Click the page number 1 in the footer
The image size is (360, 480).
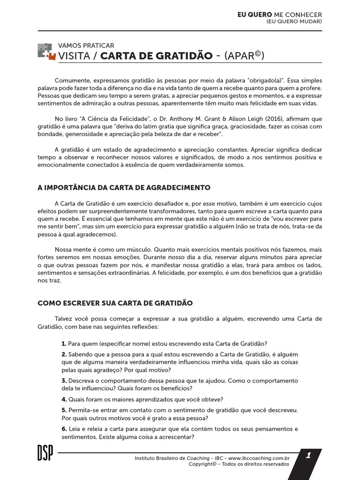pyautogui.click(x=308, y=455)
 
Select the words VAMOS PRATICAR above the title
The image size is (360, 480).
pyautogui.click(x=86, y=45)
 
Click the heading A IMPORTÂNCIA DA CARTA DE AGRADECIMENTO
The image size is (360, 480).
pyautogui.click(x=124, y=187)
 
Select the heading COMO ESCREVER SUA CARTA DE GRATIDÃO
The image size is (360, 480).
pyautogui.click(x=115, y=303)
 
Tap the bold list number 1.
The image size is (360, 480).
pyautogui.click(x=64, y=343)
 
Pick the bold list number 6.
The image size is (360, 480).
pyautogui.click(x=64, y=429)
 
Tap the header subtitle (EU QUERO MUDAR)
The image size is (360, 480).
pyautogui.click(x=294, y=22)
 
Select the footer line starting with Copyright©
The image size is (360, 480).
pyautogui.click(x=239, y=464)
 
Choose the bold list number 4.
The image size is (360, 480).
pyautogui.click(x=64, y=399)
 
